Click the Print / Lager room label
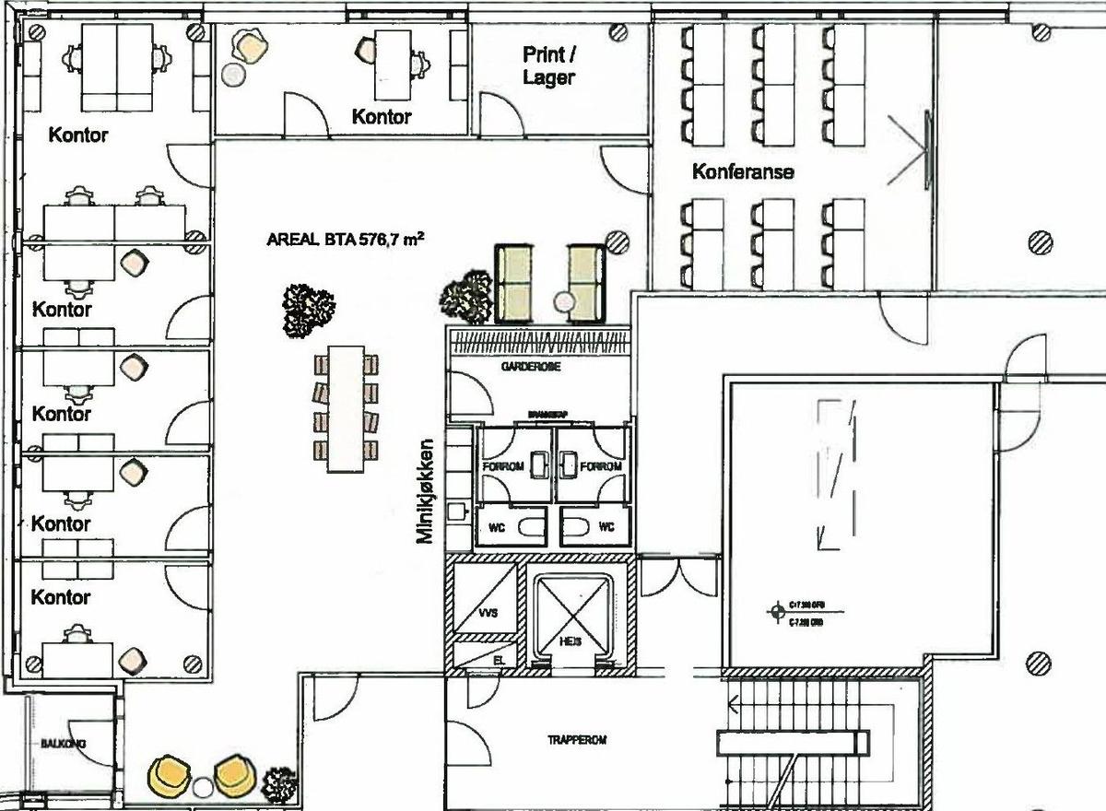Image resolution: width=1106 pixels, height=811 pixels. pos(548,66)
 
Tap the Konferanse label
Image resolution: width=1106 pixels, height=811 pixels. pos(743,171)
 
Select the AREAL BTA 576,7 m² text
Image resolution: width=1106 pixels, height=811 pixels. pos(346,241)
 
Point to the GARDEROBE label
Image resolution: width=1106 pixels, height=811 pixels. pos(531,367)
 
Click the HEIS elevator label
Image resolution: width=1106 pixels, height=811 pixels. pos(570,642)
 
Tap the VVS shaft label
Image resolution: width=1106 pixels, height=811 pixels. pos(488,612)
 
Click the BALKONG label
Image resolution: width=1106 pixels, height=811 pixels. pos(57,743)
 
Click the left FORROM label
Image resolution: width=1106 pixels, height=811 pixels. pos(503,466)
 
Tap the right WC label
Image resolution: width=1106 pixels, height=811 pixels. pos(606,528)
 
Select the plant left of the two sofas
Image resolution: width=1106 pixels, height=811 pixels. pos(468,296)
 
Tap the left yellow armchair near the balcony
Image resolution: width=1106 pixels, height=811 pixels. pos(169,775)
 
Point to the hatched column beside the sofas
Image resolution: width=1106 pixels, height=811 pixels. pos(617,243)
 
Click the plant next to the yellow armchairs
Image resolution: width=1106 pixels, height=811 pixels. pos(279,784)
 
